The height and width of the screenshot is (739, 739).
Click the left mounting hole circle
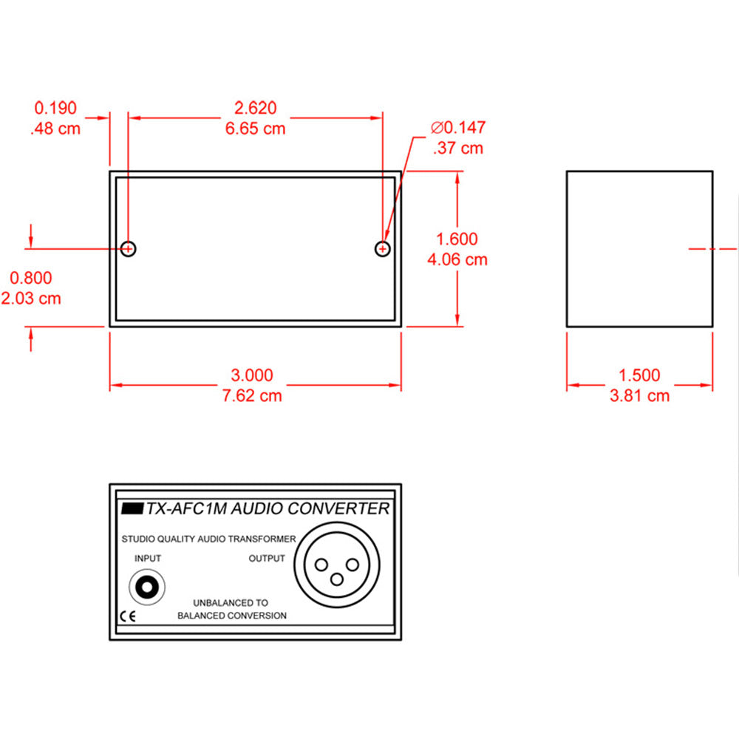pos(128,248)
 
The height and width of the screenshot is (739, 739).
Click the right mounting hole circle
pos(382,248)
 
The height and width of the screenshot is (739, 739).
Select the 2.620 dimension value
pos(256,108)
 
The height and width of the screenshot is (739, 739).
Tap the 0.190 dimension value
pos(55,108)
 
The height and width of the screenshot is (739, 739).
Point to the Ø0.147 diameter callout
pos(458,127)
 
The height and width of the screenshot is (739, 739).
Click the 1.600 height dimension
pos(457,239)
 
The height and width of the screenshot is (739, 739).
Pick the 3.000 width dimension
pos(252,375)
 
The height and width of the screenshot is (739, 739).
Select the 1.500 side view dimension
pos(639,375)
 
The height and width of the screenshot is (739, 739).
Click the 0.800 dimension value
pos(31,278)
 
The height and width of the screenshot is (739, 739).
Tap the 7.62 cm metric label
pos(252,395)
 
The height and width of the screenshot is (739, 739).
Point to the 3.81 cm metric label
pos(639,395)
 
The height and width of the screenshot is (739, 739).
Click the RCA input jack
pos(147,587)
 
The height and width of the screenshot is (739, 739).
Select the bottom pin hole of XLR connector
pos(336,579)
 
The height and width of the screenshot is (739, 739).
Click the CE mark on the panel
pos(128,616)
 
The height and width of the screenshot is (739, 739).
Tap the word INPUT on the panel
pos(148,559)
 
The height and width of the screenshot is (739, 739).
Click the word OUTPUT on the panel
pos(267,559)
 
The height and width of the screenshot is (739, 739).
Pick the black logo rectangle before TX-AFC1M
pos(132,508)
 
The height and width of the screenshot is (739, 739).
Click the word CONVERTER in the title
pos(338,508)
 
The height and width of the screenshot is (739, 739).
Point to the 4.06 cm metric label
pos(457,259)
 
